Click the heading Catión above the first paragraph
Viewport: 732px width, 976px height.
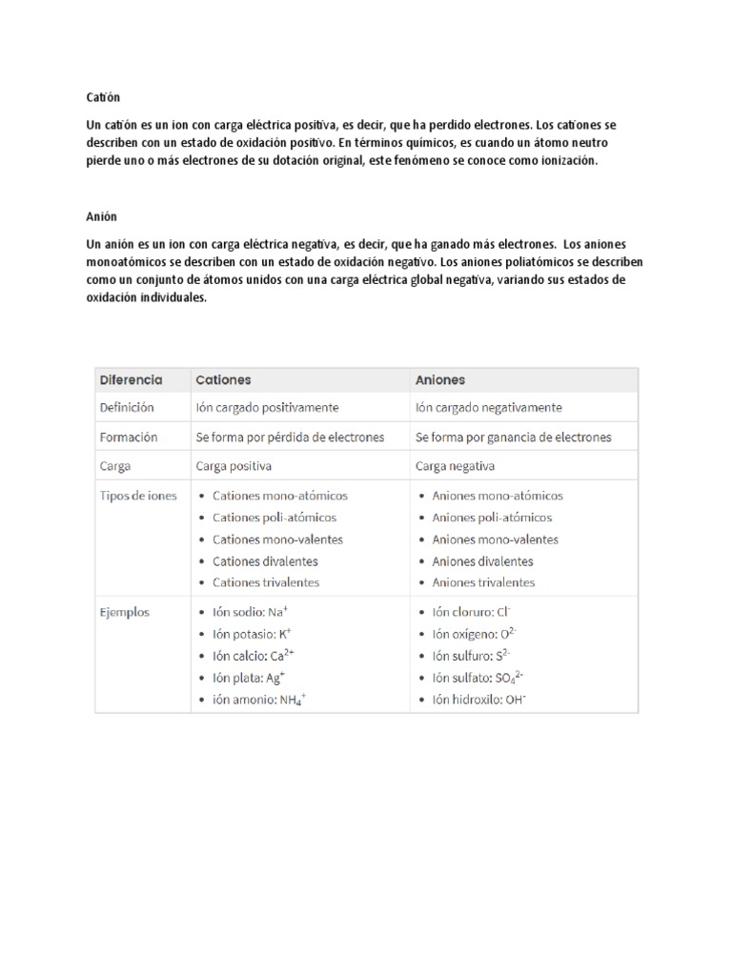tap(103, 98)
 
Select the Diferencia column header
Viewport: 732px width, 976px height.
tap(132, 379)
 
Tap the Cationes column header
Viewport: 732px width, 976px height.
tap(223, 379)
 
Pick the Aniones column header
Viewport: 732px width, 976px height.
tap(440, 379)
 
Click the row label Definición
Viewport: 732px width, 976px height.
tap(127, 407)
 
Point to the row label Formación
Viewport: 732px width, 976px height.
tap(129, 437)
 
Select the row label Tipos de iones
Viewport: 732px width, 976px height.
tap(138, 496)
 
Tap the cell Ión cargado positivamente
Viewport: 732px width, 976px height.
tap(267, 407)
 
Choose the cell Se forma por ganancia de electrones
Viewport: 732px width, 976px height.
tap(514, 437)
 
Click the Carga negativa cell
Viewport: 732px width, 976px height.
tap(456, 467)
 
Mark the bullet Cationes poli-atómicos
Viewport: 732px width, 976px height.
tap(274, 518)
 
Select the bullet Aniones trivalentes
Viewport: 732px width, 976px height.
tap(483, 582)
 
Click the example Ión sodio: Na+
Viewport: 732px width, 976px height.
tap(250, 613)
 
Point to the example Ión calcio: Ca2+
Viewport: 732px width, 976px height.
tap(254, 656)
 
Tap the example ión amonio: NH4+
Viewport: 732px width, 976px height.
tap(259, 700)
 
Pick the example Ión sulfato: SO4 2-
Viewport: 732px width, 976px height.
tap(478, 678)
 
